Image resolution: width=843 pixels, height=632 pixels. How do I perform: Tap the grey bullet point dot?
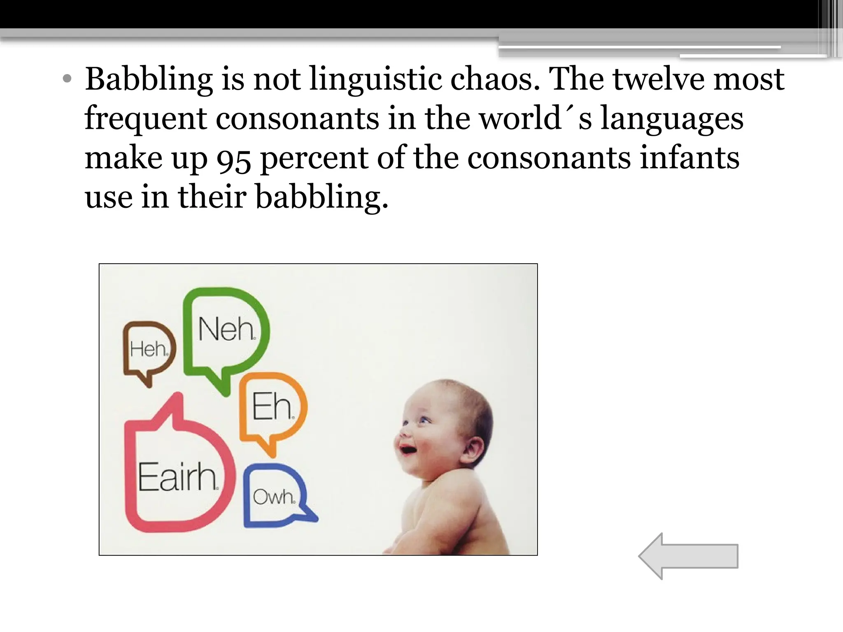pyautogui.click(x=67, y=79)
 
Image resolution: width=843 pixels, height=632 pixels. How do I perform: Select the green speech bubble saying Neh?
pyautogui.click(x=226, y=329)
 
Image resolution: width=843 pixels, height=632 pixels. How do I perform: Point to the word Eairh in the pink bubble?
pyautogui.click(x=177, y=477)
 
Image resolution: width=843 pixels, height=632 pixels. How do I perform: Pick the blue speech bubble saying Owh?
pyautogui.click(x=274, y=497)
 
